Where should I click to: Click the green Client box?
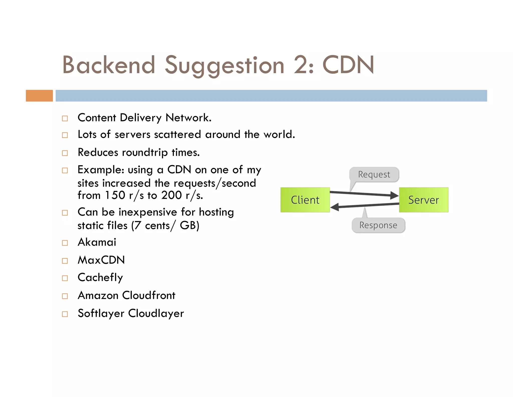pos(305,200)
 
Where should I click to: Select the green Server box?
pos(424,200)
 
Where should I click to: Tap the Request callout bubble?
pos(374,174)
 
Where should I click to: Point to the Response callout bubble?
pos(378,225)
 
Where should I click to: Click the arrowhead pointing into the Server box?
pos(395,195)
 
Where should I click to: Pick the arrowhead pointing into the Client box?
pos(335,207)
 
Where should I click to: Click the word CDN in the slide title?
pos(348,65)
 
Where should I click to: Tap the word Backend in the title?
pos(109,65)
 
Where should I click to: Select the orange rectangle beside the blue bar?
pos(39,96)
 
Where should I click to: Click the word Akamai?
pos(97,242)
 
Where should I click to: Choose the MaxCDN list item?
pos(101,260)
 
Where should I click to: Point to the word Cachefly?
pos(100,278)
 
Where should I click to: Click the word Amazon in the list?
pos(98,295)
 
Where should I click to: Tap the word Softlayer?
pos(101,313)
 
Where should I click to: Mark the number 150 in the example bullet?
pos(115,195)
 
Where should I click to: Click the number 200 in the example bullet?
pos(171,195)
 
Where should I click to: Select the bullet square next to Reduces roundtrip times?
pos(65,153)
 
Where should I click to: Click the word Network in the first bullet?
pos(188,118)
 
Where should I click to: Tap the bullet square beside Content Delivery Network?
pos(65,118)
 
